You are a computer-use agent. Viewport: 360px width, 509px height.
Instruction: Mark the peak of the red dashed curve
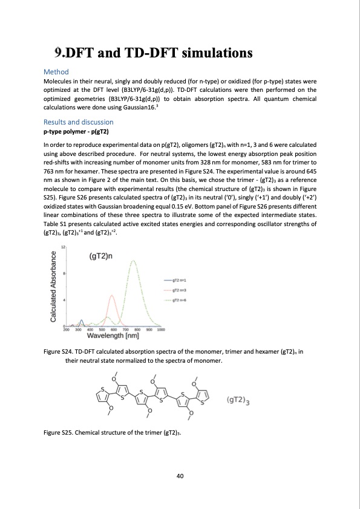(112, 295)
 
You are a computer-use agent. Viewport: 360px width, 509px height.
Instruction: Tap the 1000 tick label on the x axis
(161, 329)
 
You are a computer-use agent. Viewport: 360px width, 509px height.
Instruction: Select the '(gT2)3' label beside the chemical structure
(239, 400)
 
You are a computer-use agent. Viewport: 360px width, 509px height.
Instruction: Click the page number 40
(180, 476)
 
